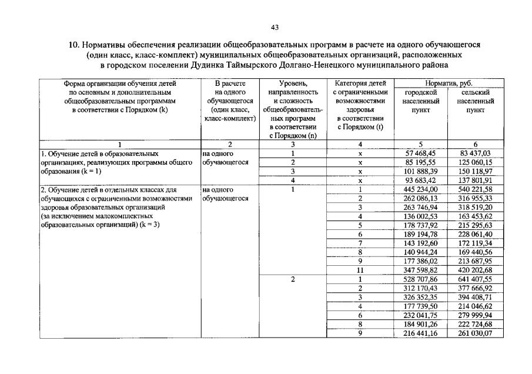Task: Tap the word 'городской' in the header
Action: pos(421,93)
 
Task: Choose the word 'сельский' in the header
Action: pos(475,93)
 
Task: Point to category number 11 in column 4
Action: pos(360,270)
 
